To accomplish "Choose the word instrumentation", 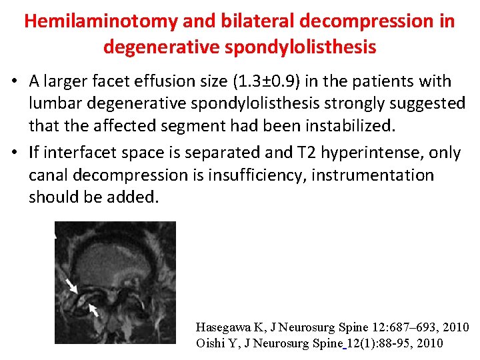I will (376, 175).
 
